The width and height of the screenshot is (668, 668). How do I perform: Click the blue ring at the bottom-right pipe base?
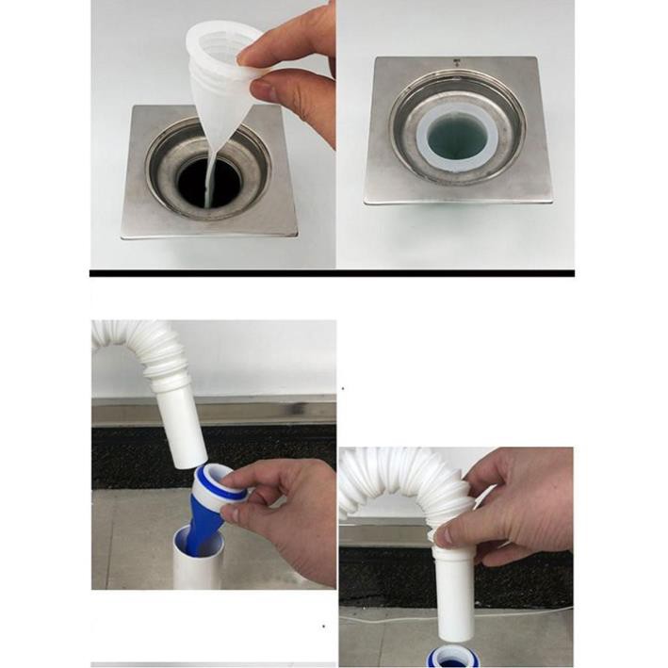point(453,657)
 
